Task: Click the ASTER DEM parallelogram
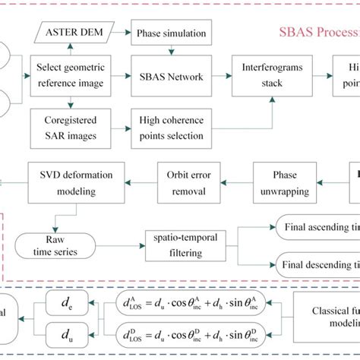point(73,33)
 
